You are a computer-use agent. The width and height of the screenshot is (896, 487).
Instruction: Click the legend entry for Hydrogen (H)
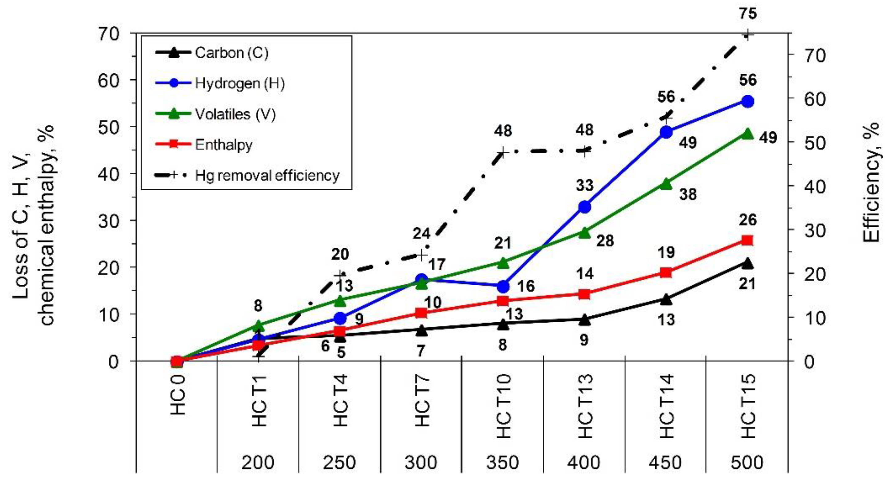coord(239,84)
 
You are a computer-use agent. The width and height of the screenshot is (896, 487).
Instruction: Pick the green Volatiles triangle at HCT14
coord(666,184)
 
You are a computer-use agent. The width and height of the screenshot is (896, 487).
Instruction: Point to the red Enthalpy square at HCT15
coord(747,241)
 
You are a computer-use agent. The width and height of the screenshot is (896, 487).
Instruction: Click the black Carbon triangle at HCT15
coord(747,263)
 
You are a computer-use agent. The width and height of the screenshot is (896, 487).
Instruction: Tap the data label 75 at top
coord(747,14)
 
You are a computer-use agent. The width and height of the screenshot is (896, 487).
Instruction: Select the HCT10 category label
coord(503,406)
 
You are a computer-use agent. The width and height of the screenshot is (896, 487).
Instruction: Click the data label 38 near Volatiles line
coord(688,194)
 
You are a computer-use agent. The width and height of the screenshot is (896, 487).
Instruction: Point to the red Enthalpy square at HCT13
coord(584,295)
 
